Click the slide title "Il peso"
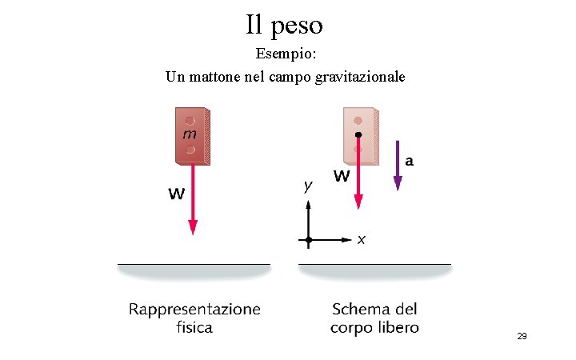point(284,25)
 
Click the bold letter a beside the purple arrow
point(409,160)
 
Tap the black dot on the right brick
point(358,134)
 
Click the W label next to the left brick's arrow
point(178,193)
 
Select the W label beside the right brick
point(341,175)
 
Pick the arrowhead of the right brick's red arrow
point(358,202)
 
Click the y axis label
point(307,186)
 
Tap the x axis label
point(362,239)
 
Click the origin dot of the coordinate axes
point(310,239)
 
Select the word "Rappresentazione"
point(194,310)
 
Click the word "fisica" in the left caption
point(194,327)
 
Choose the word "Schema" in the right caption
point(359,310)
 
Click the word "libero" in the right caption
point(397,327)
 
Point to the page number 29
point(522,337)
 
